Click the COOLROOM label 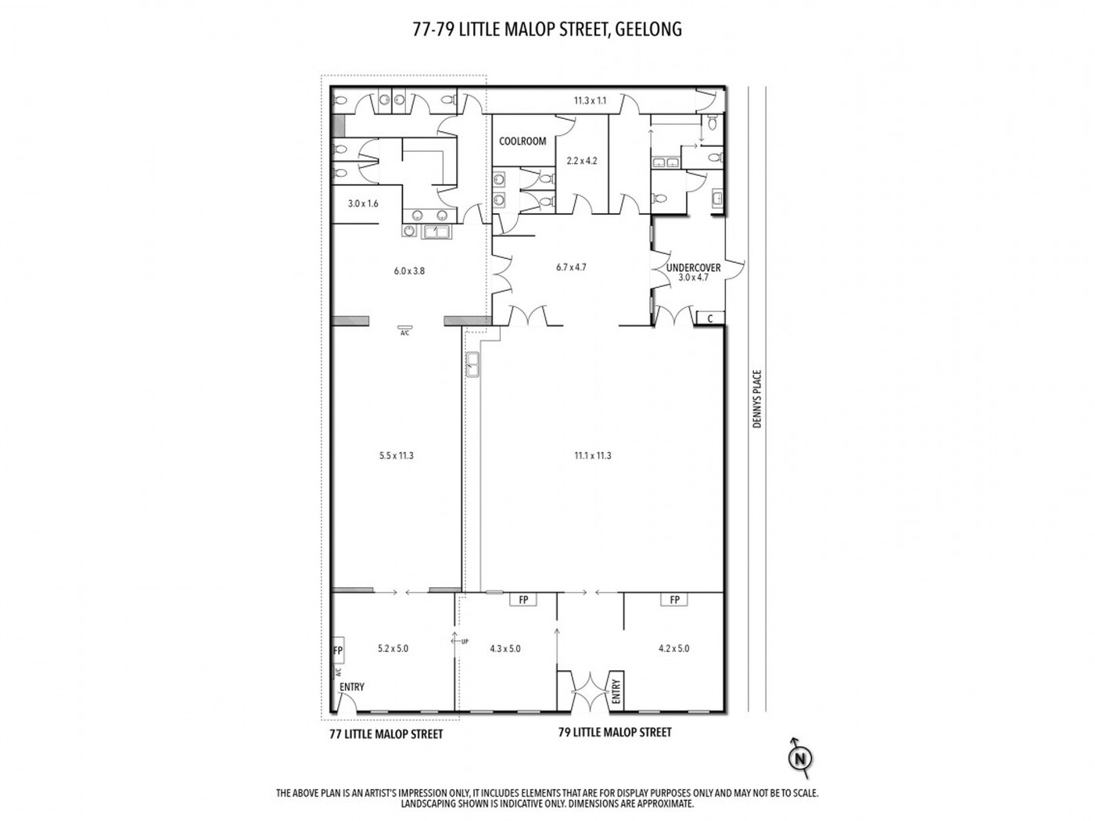[522, 141]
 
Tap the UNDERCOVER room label [693, 267]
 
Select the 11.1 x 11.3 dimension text [592, 455]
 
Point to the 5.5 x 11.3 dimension [396, 455]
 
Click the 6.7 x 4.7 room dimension [571, 267]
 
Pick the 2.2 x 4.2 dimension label [582, 161]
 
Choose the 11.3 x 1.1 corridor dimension [590, 101]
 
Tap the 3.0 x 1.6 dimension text [363, 203]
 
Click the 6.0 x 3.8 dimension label [409, 271]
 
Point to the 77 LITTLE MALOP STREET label [386, 734]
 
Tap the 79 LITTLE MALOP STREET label [615, 733]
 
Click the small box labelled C [709, 318]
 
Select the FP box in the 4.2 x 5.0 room [674, 600]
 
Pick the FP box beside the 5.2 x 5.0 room [338, 651]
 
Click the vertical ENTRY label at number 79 [616, 691]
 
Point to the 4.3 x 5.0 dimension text [504, 648]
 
